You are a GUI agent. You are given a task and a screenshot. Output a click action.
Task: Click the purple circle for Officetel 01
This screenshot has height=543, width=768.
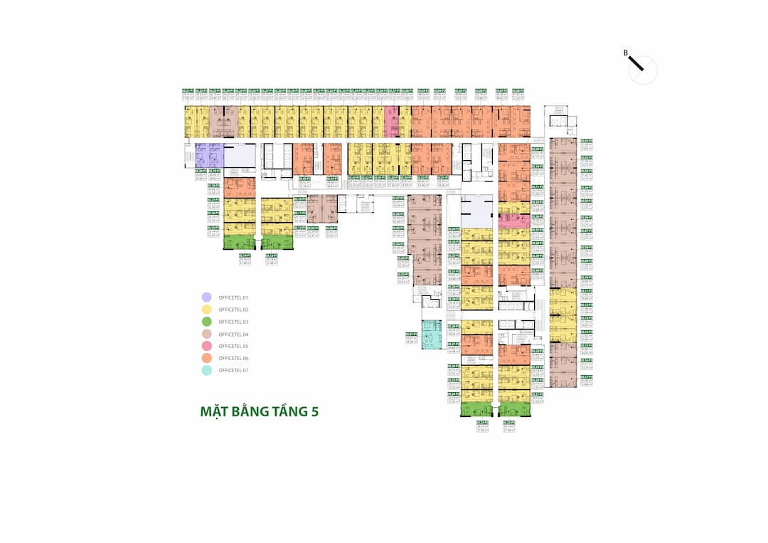(206, 297)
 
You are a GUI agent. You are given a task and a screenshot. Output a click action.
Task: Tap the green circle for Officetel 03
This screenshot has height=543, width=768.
(206, 322)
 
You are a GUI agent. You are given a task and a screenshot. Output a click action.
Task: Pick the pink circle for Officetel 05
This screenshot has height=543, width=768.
(206, 346)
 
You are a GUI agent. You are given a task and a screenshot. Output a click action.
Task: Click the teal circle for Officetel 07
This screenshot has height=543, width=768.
(206, 370)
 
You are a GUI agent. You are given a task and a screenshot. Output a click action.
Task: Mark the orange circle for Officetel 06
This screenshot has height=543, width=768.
(206, 358)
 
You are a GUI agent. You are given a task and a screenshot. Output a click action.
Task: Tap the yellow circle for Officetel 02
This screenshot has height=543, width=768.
(206, 310)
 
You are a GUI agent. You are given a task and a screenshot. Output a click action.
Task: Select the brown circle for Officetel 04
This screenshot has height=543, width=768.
(206, 334)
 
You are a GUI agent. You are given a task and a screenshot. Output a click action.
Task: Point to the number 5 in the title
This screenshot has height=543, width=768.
(314, 411)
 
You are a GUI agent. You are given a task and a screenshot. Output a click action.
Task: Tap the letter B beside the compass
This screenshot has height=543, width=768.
(626, 53)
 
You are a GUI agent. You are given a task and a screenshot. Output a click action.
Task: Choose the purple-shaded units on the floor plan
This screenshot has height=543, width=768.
(209, 154)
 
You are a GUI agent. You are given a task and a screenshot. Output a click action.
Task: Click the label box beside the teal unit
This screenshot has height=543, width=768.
(411, 338)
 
